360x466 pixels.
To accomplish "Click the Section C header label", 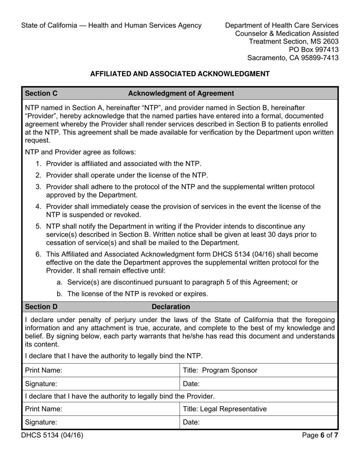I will [x=41, y=93].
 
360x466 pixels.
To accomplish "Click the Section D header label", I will [x=41, y=306].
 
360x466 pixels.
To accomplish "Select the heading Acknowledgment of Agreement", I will [x=181, y=93].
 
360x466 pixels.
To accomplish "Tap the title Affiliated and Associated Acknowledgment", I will [x=180, y=74].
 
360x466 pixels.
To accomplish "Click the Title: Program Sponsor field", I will [x=258, y=370].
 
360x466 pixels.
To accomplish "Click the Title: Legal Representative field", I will [x=258, y=409].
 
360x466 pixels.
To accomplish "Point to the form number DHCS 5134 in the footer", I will [x=52, y=435].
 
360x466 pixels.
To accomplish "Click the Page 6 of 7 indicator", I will [x=320, y=435].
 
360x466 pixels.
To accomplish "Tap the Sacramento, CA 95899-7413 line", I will [x=293, y=58].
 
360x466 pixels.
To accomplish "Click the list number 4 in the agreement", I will [x=38, y=206].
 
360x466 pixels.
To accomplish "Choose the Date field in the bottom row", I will [x=258, y=422].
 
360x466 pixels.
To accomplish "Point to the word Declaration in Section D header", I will [x=171, y=306].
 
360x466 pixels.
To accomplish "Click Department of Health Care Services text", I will [x=282, y=25].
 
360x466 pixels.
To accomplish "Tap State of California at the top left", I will [x=49, y=25].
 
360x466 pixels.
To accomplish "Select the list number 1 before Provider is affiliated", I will [x=38, y=164].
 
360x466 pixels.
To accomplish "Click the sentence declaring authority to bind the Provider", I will [x=120, y=396].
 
